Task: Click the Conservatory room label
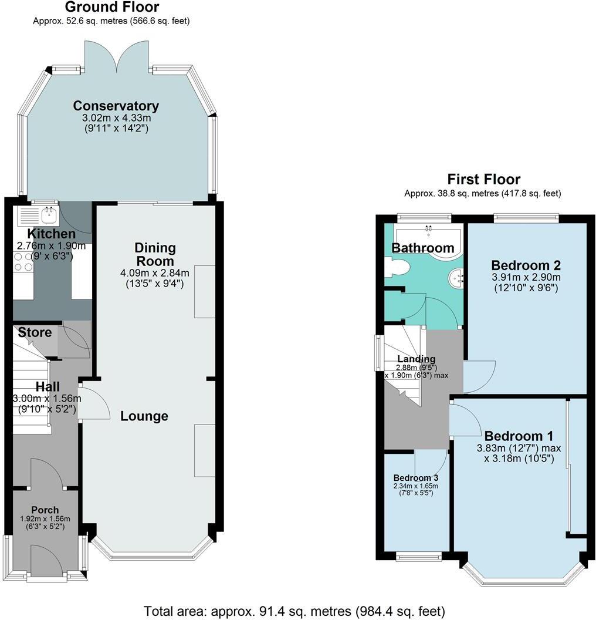tap(116, 106)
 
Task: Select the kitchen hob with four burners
tap(23, 262)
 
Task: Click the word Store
tap(35, 332)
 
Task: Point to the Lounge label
tap(144, 416)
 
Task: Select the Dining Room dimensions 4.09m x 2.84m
tap(155, 273)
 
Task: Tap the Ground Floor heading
tap(111, 8)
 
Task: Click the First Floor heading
tap(483, 179)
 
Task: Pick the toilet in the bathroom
tap(397, 267)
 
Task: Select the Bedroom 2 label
tap(526, 264)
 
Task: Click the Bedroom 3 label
tap(415, 477)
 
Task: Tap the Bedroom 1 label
tap(519, 436)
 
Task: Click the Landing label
tap(416, 359)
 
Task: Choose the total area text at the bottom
tap(294, 611)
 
